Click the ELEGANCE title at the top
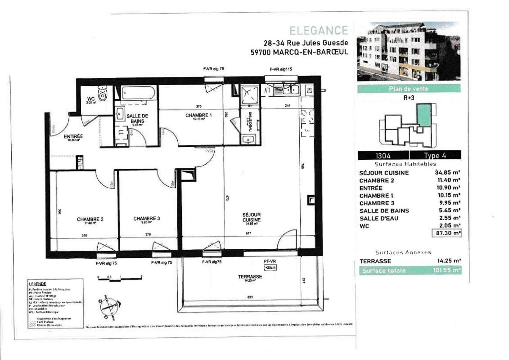click(x=319, y=31)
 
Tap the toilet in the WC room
click(x=103, y=93)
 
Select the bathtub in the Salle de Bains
click(x=137, y=93)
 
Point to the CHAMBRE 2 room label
click(x=90, y=220)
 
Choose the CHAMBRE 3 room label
click(x=147, y=219)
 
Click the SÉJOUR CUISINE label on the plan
click(x=251, y=217)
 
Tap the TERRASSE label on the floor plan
click(x=250, y=277)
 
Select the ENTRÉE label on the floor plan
click(x=73, y=136)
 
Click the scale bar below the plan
click(x=120, y=279)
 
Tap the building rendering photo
click(x=408, y=51)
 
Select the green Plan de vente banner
click(x=408, y=89)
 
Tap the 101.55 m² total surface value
click(x=446, y=270)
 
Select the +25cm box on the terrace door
click(x=270, y=267)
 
